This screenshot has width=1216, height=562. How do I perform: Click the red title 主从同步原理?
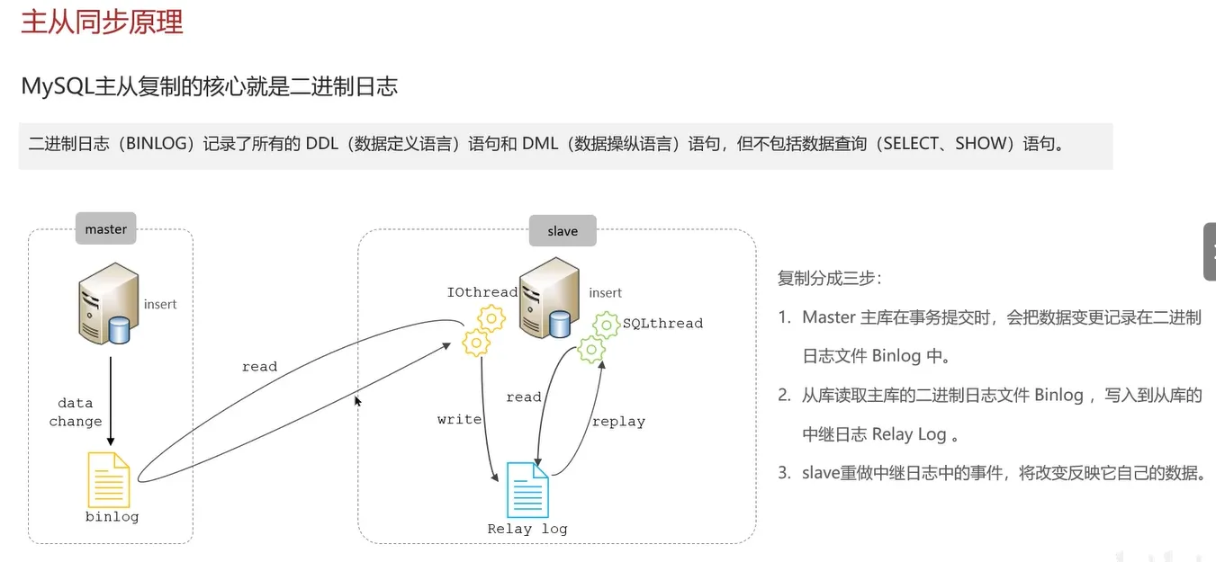102,22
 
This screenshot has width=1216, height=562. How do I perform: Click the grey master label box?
106,229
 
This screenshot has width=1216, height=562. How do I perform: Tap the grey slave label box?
563,231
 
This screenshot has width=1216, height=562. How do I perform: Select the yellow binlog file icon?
108,480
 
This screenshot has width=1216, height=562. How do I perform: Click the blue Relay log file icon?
527,489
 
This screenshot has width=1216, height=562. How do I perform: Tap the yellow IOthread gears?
482,330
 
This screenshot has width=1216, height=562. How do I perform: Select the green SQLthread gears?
598,338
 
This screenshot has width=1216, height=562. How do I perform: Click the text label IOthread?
482,292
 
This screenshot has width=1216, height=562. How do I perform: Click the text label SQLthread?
662,323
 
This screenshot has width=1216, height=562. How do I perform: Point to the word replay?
617,421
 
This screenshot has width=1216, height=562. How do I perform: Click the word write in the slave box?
459,419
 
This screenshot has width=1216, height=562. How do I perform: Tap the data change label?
76,412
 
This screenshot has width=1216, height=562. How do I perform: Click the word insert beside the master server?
160,304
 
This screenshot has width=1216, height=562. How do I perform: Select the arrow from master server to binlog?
110,400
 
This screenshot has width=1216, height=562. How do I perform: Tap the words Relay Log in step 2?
908,434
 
